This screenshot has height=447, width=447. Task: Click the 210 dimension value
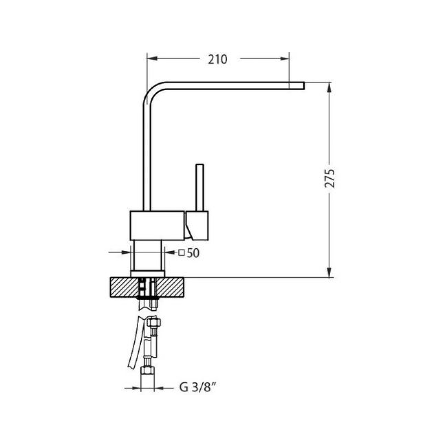click(x=218, y=59)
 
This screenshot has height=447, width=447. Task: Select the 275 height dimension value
click(x=329, y=178)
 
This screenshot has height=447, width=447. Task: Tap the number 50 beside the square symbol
click(x=193, y=253)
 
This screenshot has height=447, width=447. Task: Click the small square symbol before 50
click(x=182, y=252)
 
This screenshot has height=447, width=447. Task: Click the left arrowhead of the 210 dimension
click(x=152, y=58)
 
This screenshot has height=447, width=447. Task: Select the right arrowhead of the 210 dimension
click(x=284, y=59)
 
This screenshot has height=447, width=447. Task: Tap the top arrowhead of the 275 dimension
click(x=329, y=87)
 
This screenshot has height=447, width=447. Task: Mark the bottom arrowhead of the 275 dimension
click(x=329, y=272)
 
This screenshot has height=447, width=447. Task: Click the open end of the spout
click(x=304, y=86)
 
